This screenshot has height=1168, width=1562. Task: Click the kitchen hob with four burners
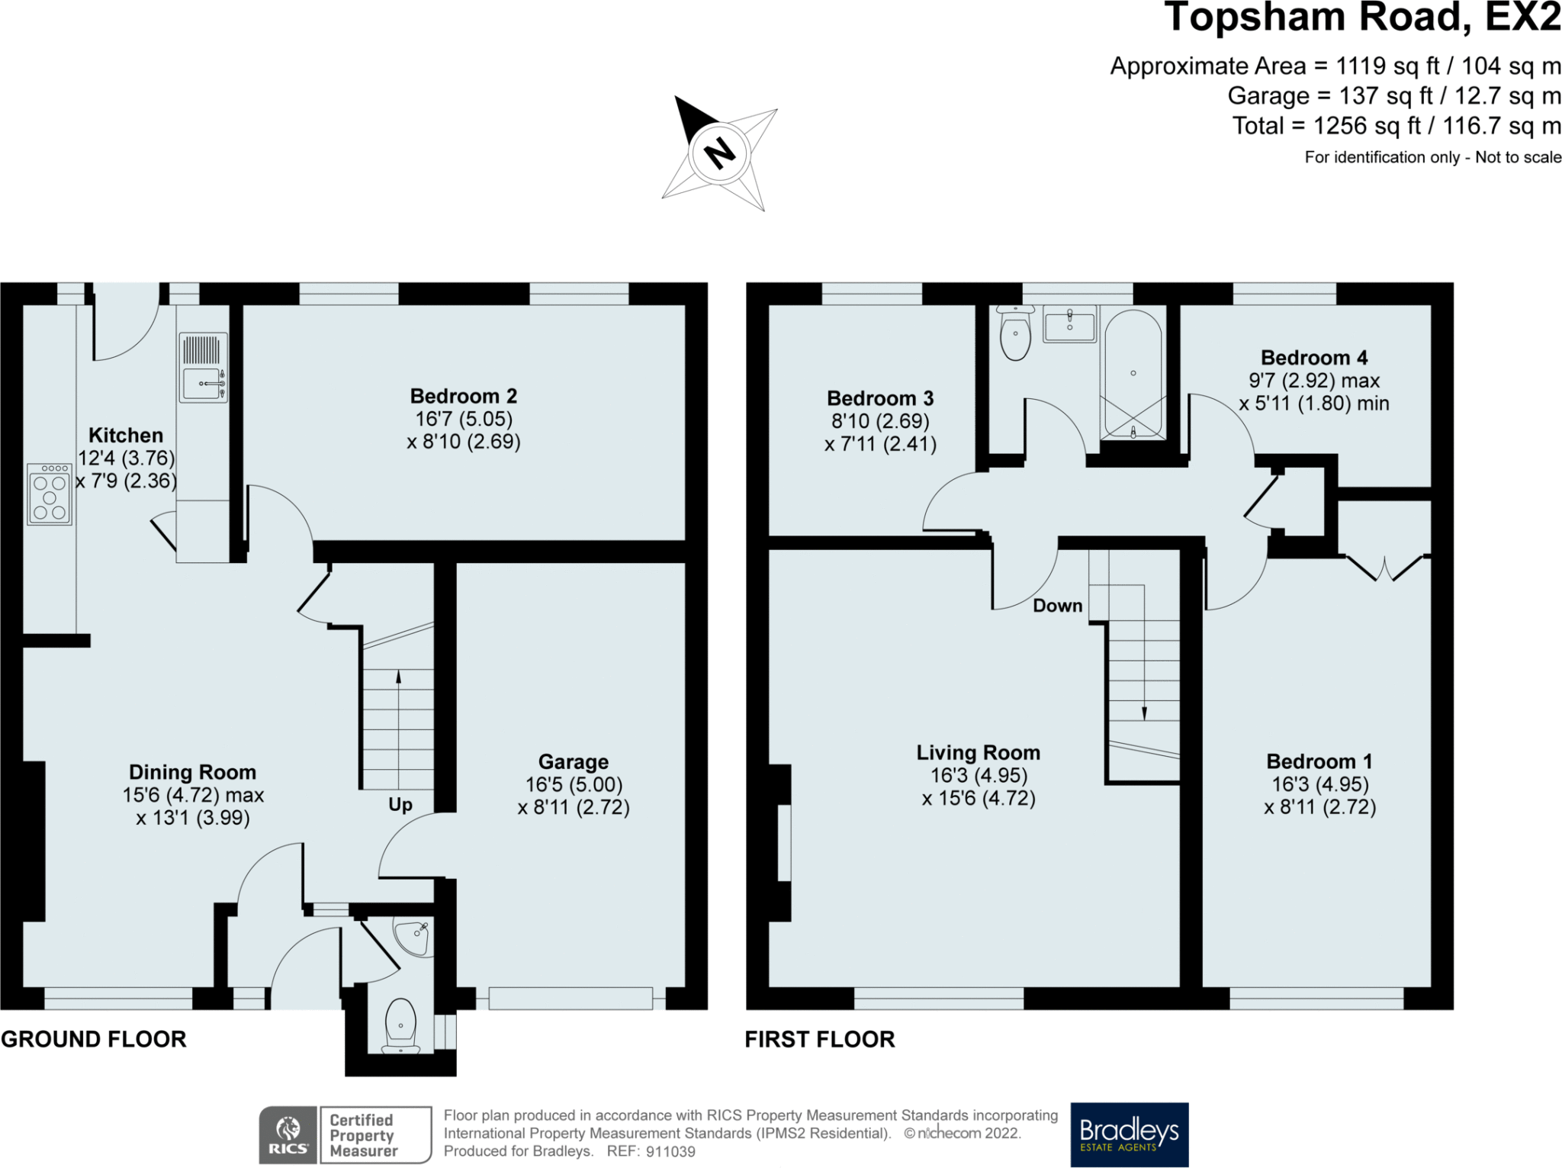click(x=50, y=494)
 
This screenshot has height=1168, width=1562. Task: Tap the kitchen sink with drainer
click(x=203, y=367)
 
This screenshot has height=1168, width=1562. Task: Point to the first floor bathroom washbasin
click(x=1069, y=325)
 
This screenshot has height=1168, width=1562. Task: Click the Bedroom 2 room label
click(x=464, y=396)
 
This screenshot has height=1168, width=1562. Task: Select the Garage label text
click(x=574, y=761)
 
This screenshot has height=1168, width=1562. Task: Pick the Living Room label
click(x=979, y=753)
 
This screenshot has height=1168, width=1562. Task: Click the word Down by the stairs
click(x=1058, y=606)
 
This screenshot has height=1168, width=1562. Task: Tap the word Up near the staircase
click(x=400, y=805)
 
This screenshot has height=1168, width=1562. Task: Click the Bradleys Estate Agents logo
click(x=1130, y=1134)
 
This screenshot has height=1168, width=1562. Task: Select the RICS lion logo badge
click(x=288, y=1135)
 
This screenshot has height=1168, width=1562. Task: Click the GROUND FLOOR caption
click(x=94, y=1039)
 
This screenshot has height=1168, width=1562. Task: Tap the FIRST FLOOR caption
click(x=820, y=1039)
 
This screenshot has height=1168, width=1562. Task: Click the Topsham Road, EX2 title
click(x=1363, y=17)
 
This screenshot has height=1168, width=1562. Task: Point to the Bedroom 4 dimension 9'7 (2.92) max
click(x=1314, y=381)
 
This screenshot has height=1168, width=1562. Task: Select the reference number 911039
click(x=670, y=1152)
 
